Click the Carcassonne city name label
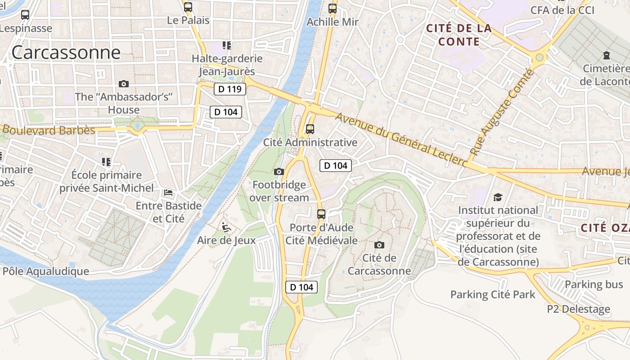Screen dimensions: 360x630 tap(66, 53)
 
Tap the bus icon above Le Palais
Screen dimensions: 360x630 tap(188, 7)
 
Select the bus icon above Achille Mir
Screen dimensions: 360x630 tap(333, 9)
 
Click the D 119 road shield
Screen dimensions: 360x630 tap(230, 89)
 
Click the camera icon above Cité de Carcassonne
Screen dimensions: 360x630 tap(379, 245)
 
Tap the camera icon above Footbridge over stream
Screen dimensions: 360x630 tap(279, 171)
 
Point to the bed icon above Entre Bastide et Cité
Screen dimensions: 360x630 tap(168, 193)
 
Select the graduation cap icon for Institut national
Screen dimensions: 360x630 tap(498, 197)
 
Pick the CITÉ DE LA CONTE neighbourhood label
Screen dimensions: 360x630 tap(459, 35)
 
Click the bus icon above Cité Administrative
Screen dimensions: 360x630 tap(310, 129)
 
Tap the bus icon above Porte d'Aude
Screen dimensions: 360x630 tap(321, 214)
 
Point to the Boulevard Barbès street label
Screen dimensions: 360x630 tap(49, 130)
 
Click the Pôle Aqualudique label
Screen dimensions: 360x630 tap(46, 271)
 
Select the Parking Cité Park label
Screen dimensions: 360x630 tap(493, 295)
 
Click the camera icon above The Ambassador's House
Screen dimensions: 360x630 tap(124, 84)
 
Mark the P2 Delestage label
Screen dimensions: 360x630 tap(578, 309)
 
